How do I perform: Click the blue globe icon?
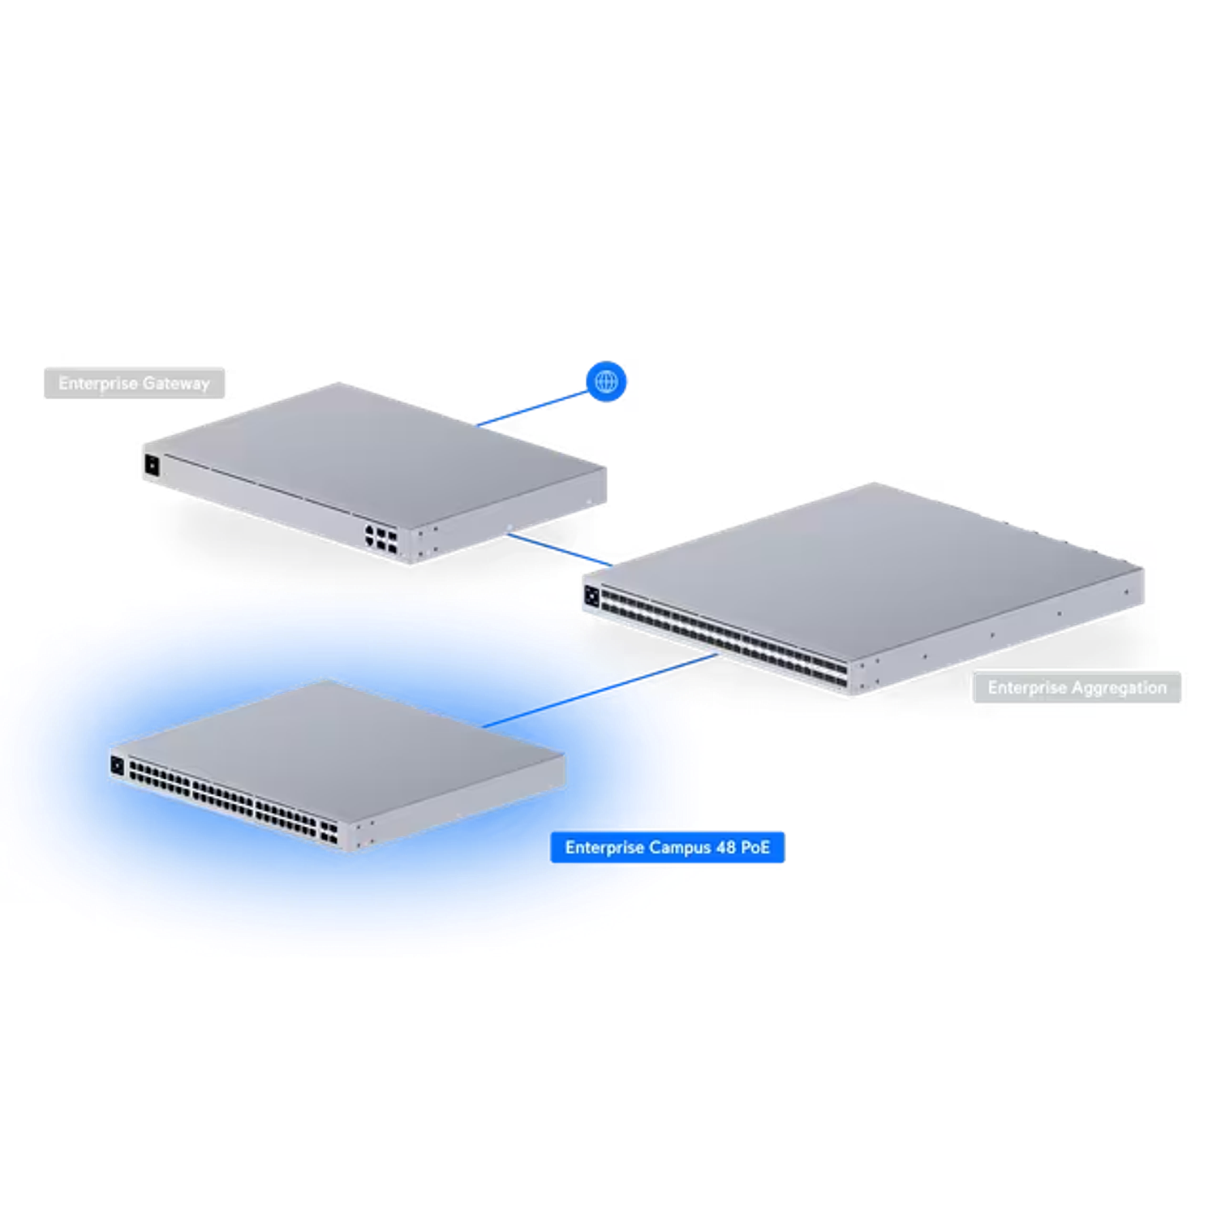click(606, 381)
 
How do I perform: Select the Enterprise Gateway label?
click(135, 383)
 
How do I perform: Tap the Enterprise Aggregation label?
click(1077, 688)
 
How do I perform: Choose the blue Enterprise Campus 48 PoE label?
click(668, 848)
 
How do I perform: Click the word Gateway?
click(176, 383)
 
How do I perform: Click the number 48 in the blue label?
click(727, 848)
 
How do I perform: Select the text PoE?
click(755, 848)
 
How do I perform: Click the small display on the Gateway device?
click(152, 466)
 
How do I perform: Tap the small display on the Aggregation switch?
click(591, 597)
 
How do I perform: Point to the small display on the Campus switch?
click(118, 765)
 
